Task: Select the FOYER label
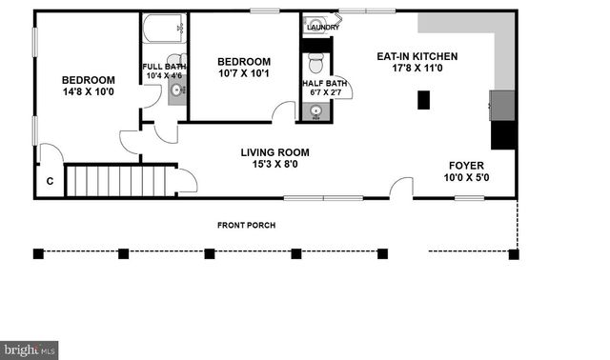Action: pyautogui.click(x=467, y=165)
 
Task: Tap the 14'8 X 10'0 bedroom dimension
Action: pyautogui.click(x=88, y=92)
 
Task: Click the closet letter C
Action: pyautogui.click(x=50, y=181)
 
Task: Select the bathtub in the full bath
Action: pyautogui.click(x=164, y=31)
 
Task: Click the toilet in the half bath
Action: pyautogui.click(x=315, y=64)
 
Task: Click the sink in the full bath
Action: pyautogui.click(x=175, y=91)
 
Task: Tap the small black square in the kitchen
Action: pyautogui.click(x=423, y=99)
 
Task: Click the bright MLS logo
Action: pyautogui.click(x=30, y=350)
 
